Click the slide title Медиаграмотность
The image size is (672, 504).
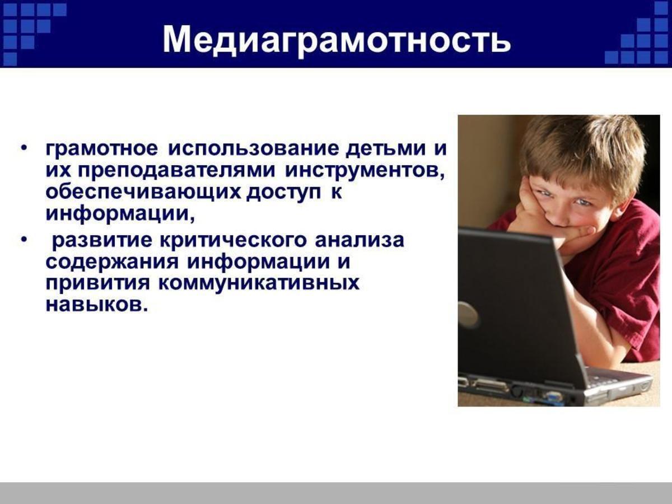tap(337, 40)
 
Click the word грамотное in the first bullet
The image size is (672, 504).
tap(102, 150)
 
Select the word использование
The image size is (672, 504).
tap(254, 150)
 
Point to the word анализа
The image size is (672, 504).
tap(360, 240)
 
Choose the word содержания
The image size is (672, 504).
tap(112, 263)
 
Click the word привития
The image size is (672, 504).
tap(98, 284)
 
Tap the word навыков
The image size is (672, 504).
tap(97, 305)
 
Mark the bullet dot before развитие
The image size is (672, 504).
tap(25, 241)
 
